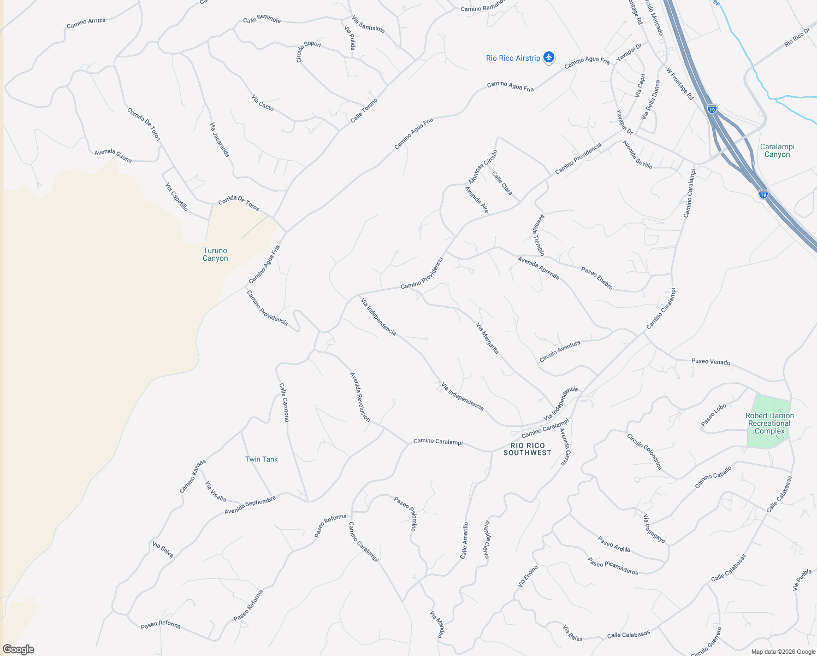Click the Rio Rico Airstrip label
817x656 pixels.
pos(513,58)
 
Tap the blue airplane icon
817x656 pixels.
pos(549,57)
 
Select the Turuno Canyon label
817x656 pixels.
pos(215,255)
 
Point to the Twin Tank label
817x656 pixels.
pos(261,459)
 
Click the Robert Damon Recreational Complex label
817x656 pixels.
pos(769,423)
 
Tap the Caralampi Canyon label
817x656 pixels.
pos(777,150)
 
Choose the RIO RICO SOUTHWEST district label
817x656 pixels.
pos(528,449)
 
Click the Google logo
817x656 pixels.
pos(19,649)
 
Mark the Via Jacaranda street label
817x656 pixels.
pos(220,140)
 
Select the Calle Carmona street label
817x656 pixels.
pos(284,402)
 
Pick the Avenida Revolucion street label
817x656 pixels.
pos(360,397)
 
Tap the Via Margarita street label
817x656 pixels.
pos(488,338)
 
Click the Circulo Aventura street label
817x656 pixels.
pos(560,351)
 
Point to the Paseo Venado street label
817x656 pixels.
pos(711,361)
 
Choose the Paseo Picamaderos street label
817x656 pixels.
pos(613,566)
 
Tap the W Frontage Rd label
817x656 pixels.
pos(680,84)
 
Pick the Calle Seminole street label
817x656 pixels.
pos(262,19)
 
